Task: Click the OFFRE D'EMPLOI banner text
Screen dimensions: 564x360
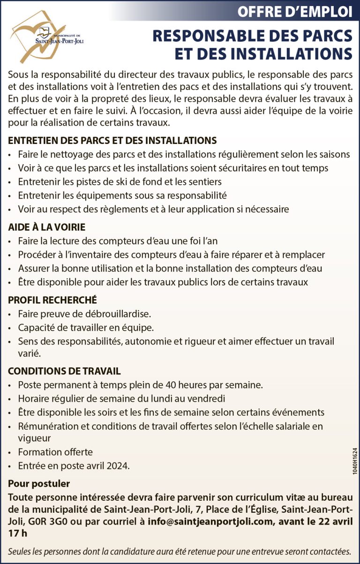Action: coord(294,12)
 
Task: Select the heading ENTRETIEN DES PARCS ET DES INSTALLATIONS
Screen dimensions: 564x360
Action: coord(112,141)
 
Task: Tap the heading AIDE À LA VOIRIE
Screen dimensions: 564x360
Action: coord(46,227)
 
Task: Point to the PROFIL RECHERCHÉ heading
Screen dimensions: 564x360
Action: coord(52,300)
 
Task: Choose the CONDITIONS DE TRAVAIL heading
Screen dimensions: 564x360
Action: coord(64,371)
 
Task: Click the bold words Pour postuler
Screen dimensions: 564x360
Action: coord(39,483)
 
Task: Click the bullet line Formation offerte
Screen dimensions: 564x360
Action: coord(55,452)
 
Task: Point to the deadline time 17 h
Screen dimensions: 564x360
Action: coord(18,533)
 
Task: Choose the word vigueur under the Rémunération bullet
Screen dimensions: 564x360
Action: coord(34,438)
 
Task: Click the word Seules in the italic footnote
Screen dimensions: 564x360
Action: coord(20,551)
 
